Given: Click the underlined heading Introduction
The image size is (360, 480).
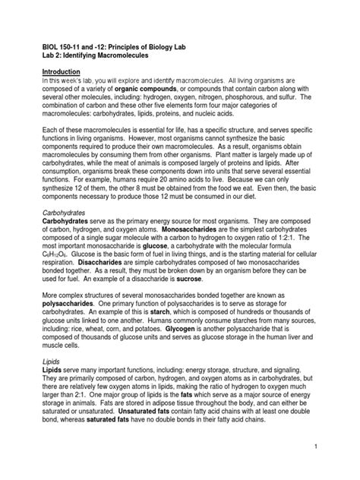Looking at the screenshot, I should pos(63,71).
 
